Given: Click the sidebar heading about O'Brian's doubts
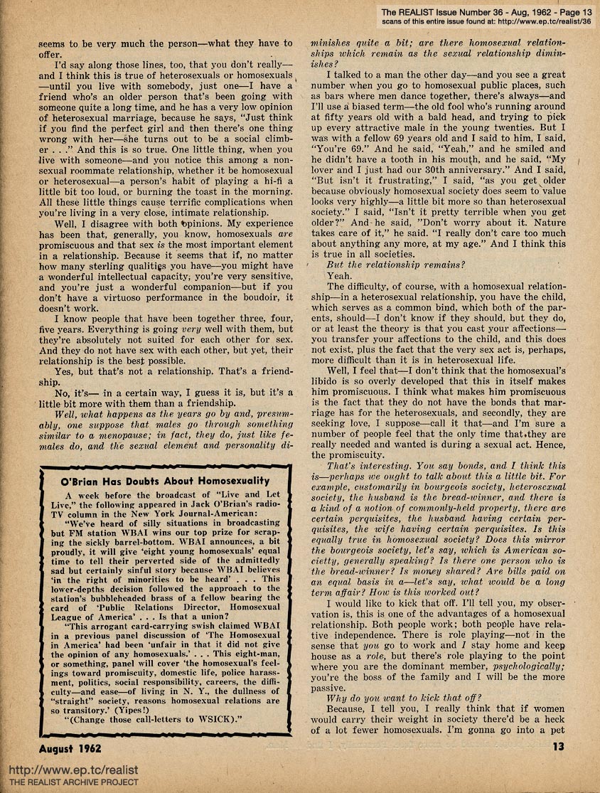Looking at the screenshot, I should click(x=165, y=481).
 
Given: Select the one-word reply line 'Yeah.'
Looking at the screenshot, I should click(x=339, y=275).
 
